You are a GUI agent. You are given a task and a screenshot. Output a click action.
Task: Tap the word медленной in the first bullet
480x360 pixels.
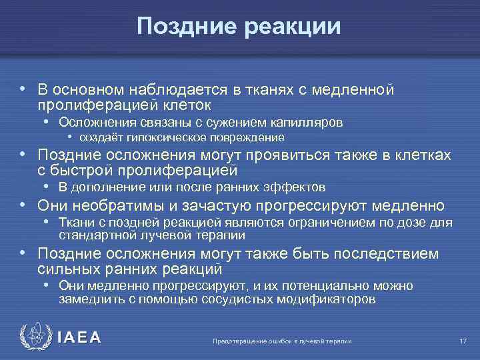tap(360, 90)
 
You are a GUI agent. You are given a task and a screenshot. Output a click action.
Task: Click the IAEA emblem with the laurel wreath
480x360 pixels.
tap(33, 337)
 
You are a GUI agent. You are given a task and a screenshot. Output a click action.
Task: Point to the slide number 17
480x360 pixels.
tap(463, 341)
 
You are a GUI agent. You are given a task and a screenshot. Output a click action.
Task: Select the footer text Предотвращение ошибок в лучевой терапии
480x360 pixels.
tap(281, 341)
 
